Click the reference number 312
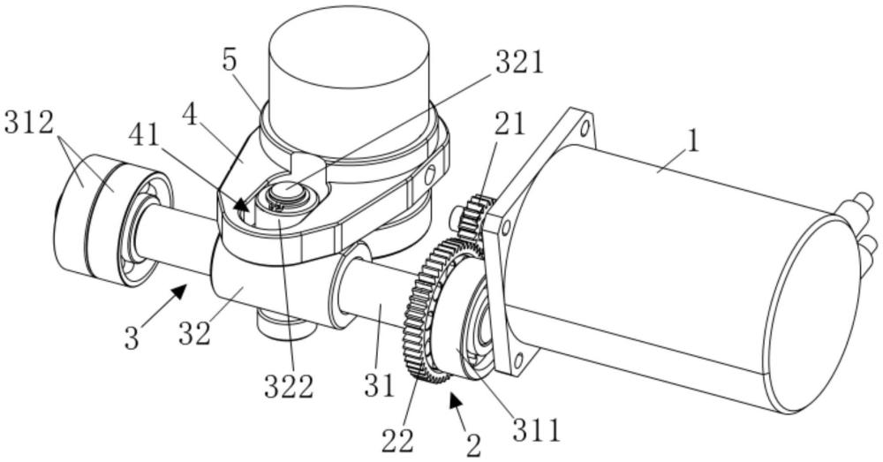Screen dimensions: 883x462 coord(29,122)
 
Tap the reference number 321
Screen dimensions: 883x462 coord(519,63)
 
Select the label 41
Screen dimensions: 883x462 coord(144,135)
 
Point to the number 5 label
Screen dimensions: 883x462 coord(230,60)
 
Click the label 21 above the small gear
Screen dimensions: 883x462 coord(509,124)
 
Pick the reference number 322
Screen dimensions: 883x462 coord(289,387)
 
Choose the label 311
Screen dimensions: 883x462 coord(537,429)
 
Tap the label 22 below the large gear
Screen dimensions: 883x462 coord(397,441)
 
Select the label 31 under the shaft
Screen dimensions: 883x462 coord(379,385)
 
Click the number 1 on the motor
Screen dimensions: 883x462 coord(693,140)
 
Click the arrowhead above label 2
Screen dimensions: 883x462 coord(455,401)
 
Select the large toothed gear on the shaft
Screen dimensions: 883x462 coord(434,311)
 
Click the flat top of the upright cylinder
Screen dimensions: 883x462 coord(349,46)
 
